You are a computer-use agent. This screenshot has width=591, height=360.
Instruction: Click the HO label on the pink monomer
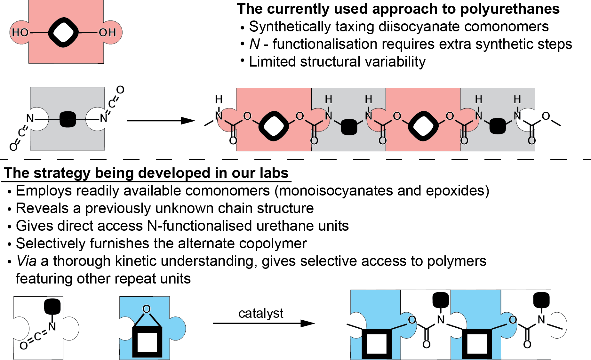(20, 32)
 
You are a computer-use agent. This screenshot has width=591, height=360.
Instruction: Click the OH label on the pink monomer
(108, 32)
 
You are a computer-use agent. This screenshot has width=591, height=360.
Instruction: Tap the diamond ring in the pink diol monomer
(63, 32)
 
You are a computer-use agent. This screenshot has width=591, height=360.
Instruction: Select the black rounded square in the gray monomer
(68, 119)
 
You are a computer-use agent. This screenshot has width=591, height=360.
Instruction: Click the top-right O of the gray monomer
(120, 90)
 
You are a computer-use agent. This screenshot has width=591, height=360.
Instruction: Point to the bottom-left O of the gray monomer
(13, 147)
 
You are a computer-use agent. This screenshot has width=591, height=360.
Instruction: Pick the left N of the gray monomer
(30, 118)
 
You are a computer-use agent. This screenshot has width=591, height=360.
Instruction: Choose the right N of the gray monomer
(103, 118)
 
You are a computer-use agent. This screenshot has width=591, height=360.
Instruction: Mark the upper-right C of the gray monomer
(112, 104)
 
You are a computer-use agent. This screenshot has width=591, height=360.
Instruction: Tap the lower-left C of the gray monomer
(22, 132)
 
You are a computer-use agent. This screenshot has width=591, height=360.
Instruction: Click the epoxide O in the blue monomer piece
(147, 309)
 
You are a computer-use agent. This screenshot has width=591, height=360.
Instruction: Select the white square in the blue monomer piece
(147, 342)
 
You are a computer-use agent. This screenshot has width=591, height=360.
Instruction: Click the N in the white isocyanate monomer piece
(52, 326)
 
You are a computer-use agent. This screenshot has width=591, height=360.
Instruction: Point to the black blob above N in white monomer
(52, 306)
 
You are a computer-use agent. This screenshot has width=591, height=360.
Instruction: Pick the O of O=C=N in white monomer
(24, 346)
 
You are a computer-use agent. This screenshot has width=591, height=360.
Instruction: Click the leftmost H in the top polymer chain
(219, 100)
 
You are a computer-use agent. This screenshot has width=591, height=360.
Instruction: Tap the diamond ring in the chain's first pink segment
(274, 126)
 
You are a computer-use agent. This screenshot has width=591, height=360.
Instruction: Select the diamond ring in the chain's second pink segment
(423, 126)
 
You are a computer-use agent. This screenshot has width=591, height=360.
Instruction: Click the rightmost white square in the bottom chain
(477, 344)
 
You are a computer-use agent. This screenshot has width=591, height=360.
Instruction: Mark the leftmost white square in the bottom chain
(377, 344)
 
